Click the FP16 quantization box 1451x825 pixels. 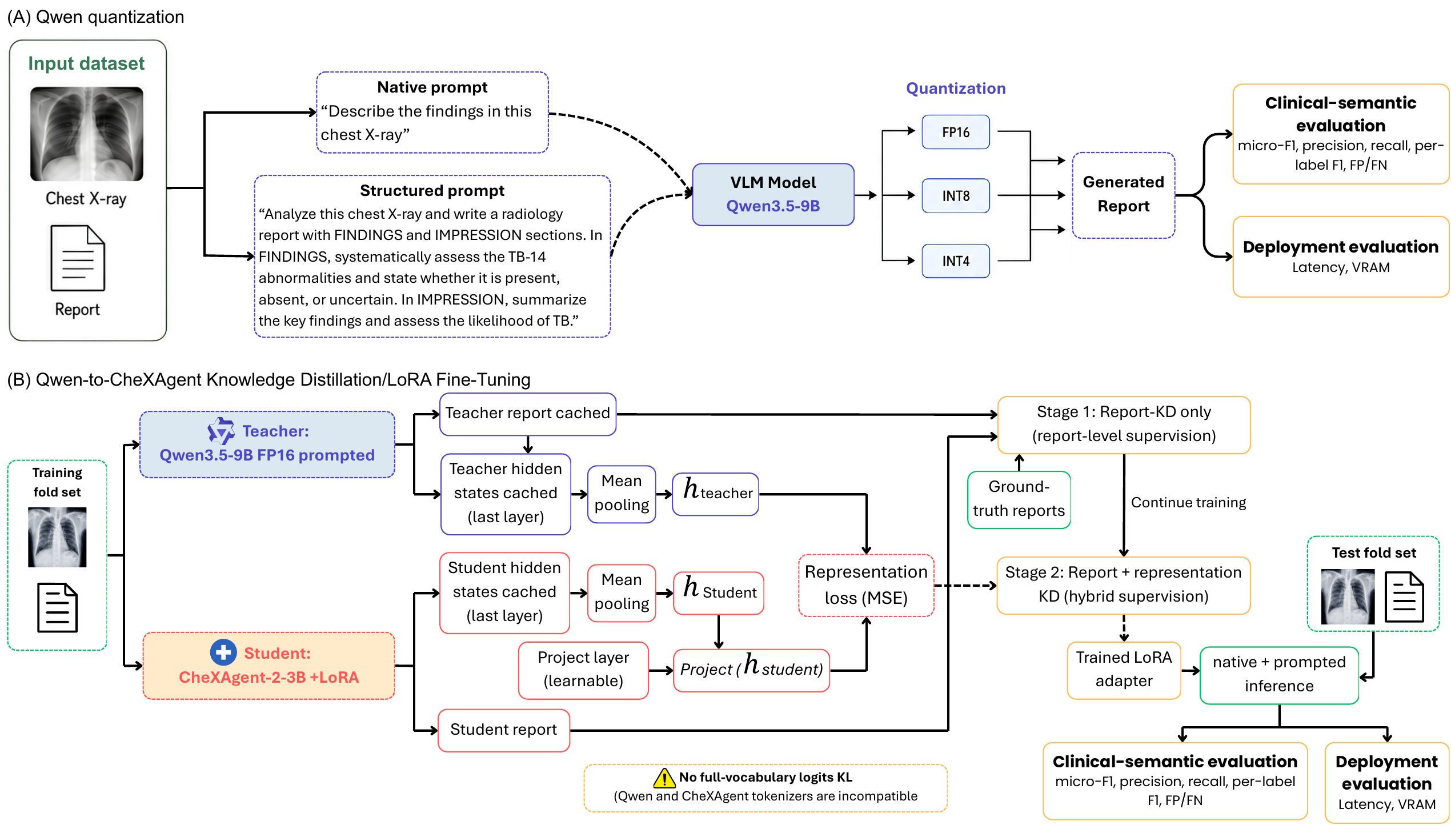coord(956,132)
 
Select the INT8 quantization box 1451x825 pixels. coord(956,196)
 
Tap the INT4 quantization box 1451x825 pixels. coord(956,261)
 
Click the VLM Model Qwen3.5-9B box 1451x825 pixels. coord(773,194)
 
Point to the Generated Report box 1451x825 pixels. coord(1123,195)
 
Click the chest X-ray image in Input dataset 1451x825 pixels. coord(87,134)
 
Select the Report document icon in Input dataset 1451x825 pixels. coord(78,258)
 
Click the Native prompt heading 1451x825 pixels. coord(432,87)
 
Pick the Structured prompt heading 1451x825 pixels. coord(432,190)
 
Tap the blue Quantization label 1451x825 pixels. coord(956,88)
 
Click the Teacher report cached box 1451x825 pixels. coord(528,414)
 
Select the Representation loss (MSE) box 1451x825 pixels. coord(866,585)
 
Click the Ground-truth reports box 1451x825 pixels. coord(1019,499)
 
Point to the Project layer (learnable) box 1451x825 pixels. coord(583,670)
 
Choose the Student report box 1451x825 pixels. coord(504,730)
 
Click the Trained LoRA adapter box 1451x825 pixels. coord(1124,670)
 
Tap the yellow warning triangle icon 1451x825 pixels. coord(664,778)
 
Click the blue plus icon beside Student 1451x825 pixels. coord(223,652)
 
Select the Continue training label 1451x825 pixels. coord(1188,502)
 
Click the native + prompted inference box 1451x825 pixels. coord(1279,675)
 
